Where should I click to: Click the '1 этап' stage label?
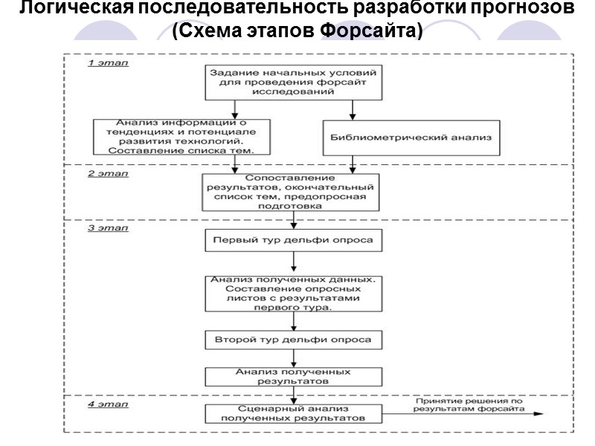109,63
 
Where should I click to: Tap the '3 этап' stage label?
109,228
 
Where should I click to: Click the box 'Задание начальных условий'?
295,83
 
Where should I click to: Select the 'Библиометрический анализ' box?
411,138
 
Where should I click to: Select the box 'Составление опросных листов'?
295,292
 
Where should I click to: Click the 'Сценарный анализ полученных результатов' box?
295,413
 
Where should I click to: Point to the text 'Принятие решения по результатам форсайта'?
469,405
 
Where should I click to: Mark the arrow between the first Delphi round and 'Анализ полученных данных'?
295,262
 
